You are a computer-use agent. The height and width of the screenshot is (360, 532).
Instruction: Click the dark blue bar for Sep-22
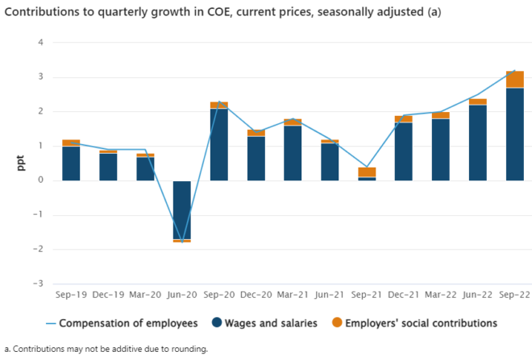tap(515, 134)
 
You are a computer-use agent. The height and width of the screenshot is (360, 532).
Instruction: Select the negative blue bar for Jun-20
tap(181, 209)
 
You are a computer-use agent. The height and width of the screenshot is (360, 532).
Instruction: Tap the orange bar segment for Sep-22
tap(515, 79)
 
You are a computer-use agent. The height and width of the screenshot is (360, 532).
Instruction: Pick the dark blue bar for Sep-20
tap(218, 144)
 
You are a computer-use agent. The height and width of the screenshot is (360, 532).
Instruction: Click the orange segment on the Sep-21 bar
tap(367, 172)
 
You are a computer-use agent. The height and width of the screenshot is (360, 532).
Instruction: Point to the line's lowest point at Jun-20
tap(181, 242)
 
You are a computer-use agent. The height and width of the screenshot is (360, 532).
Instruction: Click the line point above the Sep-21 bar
tap(367, 167)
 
